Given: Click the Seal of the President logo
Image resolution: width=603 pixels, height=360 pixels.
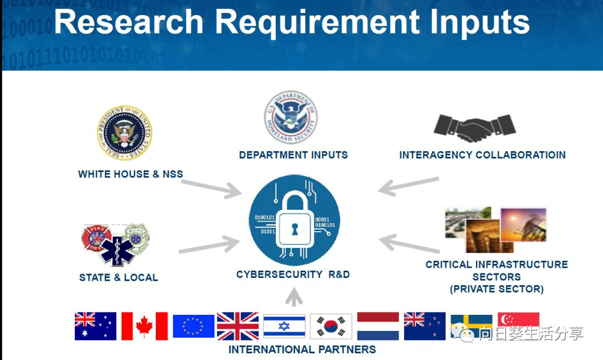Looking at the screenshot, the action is point(125,133).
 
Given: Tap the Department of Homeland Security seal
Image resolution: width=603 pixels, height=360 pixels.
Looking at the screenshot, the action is point(290,118).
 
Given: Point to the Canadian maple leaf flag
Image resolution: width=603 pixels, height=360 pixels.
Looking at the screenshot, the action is point(145,326).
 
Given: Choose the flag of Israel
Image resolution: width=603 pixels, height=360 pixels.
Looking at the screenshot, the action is point(284,326).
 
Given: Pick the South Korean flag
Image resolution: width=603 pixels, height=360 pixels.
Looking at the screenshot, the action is point(331,326).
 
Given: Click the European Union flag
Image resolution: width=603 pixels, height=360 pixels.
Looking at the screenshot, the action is point(193,326).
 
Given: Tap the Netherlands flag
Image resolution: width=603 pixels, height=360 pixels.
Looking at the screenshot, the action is point(378,326).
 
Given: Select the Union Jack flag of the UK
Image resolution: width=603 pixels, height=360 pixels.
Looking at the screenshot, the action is point(238,326).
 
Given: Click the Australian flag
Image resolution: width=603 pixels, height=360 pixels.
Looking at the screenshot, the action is point(95,326).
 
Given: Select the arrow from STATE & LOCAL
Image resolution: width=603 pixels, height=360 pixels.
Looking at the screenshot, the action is point(209,245).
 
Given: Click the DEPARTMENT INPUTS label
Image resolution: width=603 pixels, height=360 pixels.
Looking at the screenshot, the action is point(293,155).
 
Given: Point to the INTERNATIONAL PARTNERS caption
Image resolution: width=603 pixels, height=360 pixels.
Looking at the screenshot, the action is point(302,350).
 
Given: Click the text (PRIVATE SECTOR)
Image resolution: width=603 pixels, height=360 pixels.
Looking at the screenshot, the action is point(496,289).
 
